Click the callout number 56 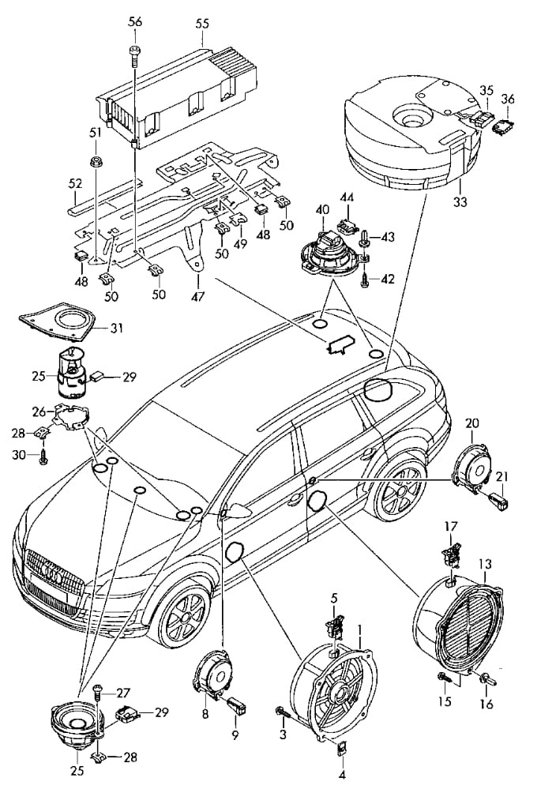tap(136, 22)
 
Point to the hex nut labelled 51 tap(95, 162)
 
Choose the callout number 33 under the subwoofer tap(460, 202)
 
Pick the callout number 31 tap(116, 328)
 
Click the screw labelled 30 tap(44, 456)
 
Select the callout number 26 tap(37, 411)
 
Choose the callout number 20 tap(472, 423)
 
